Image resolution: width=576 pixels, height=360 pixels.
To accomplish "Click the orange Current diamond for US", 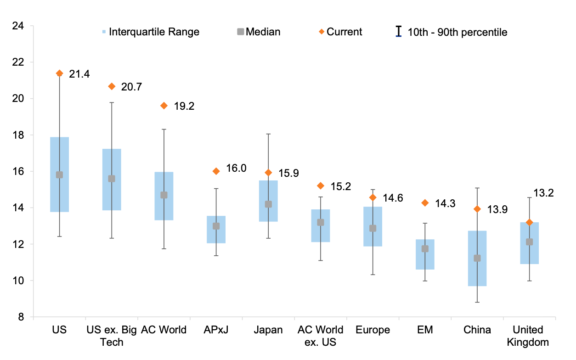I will coord(59,73).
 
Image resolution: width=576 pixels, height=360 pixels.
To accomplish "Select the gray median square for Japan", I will coord(268,204).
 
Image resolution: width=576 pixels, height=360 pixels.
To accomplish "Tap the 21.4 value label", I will coord(79,74).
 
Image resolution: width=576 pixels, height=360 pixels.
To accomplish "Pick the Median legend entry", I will coord(258,32).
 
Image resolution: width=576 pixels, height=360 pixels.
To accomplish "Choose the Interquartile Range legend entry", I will coord(151,32).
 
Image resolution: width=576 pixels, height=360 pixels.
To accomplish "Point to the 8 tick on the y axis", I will coord(21,317).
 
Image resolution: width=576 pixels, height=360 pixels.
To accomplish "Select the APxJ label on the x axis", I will coord(216,330).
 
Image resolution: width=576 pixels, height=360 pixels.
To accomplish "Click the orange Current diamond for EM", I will coord(425,202).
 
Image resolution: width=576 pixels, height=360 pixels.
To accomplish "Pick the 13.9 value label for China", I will coord(497,209).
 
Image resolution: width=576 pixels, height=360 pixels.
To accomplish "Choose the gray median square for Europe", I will coord(373,228).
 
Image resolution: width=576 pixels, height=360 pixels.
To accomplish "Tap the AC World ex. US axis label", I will coord(320,336).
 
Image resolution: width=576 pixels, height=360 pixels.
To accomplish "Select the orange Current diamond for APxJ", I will coord(216,171).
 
